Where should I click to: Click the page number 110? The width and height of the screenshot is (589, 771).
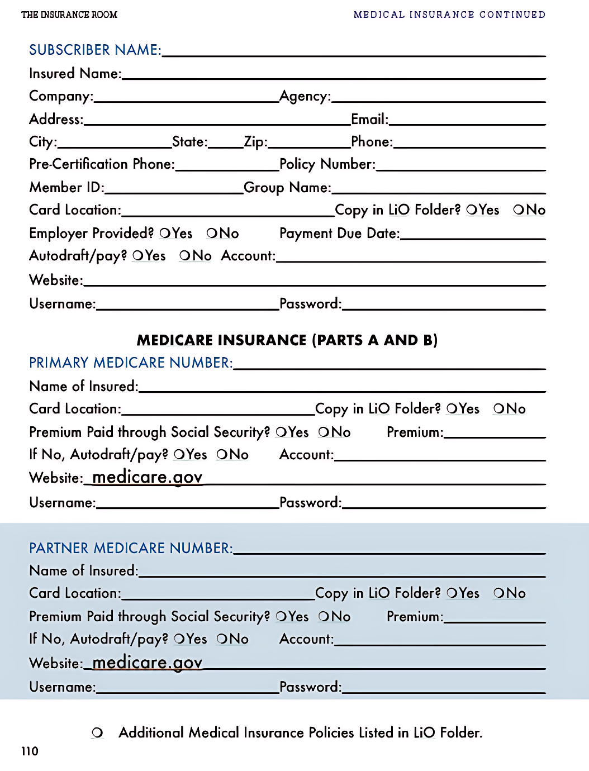click(x=30, y=751)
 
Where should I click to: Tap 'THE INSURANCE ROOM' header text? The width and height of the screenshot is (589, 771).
click(x=69, y=15)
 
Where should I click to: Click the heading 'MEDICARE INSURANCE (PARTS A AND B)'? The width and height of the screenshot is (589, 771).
click(x=287, y=340)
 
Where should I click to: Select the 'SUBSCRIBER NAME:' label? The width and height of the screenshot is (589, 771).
click(x=95, y=50)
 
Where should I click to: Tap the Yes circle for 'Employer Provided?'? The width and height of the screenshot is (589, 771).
click(x=165, y=234)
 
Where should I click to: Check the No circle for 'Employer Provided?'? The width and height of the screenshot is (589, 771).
click(x=212, y=234)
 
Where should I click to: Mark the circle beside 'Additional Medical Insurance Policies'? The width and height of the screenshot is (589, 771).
click(x=97, y=733)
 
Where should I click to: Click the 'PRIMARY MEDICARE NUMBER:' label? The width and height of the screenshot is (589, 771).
click(x=131, y=363)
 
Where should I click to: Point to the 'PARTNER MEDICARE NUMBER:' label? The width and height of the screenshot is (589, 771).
click(x=131, y=548)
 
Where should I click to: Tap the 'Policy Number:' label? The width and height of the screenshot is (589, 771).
click(x=327, y=164)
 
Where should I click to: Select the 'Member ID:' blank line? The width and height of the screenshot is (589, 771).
click(x=174, y=189)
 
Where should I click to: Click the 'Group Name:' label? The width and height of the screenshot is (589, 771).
click(x=287, y=188)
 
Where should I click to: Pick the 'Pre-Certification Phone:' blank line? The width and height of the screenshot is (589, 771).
click(x=227, y=166)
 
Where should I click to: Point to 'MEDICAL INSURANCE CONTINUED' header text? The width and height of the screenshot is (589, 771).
click(x=449, y=15)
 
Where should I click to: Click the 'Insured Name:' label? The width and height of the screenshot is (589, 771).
click(x=75, y=74)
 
